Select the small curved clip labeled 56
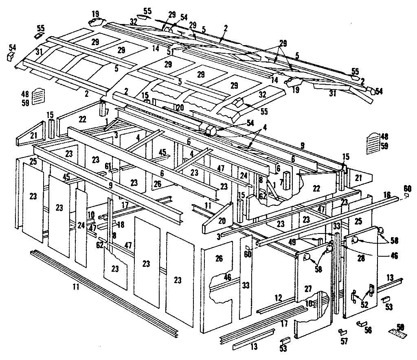coord(360,323)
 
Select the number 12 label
coord(279,298)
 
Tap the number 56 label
coord(369,331)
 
